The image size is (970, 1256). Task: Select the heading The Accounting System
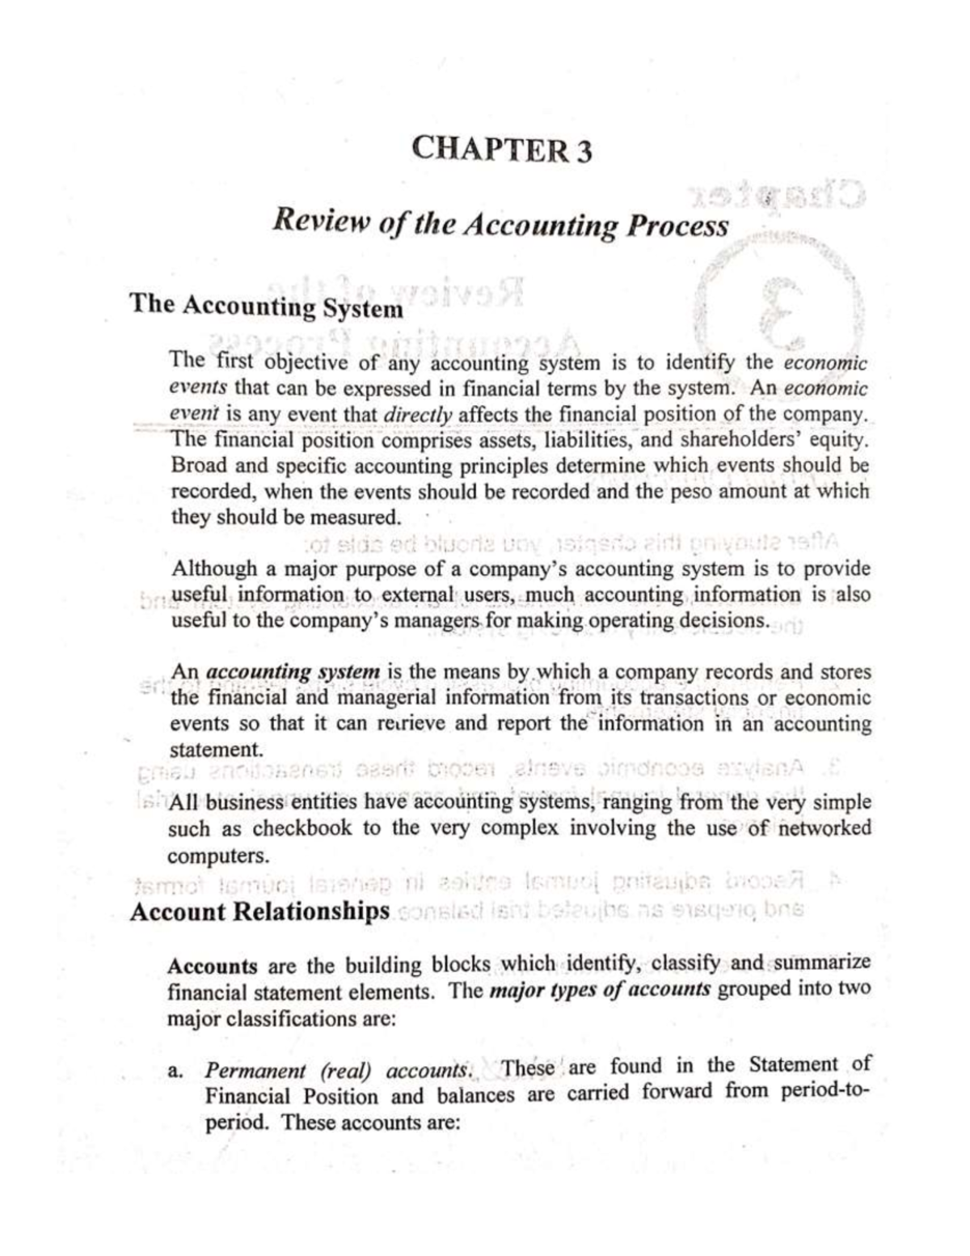pyautogui.click(x=266, y=307)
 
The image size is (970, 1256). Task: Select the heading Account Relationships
pyautogui.click(x=259, y=911)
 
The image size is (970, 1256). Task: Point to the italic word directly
pyautogui.click(x=420, y=415)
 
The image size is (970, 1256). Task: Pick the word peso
pyautogui.click(x=693, y=492)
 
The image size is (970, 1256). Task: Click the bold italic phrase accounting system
pyautogui.click(x=293, y=672)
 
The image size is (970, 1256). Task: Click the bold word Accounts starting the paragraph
pyautogui.click(x=212, y=966)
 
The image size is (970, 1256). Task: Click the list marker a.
pyautogui.click(x=174, y=1072)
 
